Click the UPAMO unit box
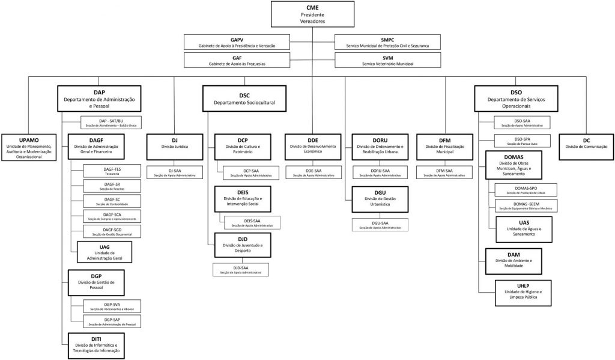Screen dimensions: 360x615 (29, 147)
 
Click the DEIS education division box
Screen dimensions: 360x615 (243, 199)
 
